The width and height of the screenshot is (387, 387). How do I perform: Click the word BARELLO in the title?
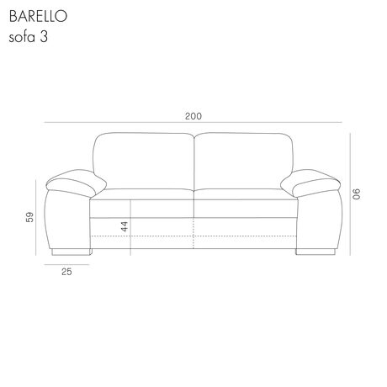tap(38, 16)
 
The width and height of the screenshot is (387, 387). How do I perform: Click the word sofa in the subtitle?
tap(22, 37)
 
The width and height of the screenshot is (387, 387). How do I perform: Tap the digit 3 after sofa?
tap(44, 37)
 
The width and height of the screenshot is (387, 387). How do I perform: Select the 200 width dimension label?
tap(193, 116)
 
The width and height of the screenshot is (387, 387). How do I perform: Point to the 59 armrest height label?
tap(29, 217)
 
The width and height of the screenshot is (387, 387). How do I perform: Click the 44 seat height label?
tap(125, 226)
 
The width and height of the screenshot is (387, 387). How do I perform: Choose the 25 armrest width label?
tap(66, 272)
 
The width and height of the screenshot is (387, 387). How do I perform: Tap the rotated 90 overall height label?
tap(356, 194)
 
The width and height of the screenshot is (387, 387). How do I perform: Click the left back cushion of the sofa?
tap(144, 162)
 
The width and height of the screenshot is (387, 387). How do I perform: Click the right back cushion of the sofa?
tap(243, 162)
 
